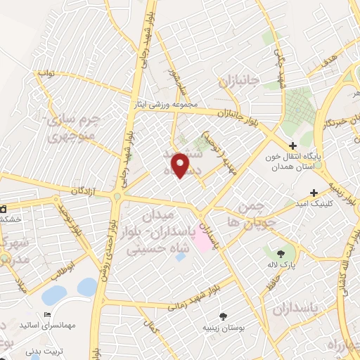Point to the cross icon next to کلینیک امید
pyautogui.click(x=313, y=192)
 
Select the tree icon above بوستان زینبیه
pyautogui.click(x=223, y=316)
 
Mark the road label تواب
pyautogui.click(x=46, y=73)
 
